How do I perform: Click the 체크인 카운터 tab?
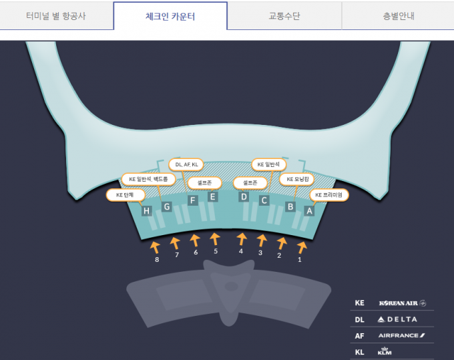(170, 16)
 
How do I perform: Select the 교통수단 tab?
(284, 16)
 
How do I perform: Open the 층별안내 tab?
(398, 16)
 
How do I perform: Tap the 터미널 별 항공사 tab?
(56, 16)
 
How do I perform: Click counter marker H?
(147, 211)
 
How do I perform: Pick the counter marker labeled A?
(309, 211)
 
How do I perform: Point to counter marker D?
(244, 197)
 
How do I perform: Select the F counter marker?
(193, 200)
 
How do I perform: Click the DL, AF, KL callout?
(186, 165)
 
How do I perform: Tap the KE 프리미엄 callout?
(328, 195)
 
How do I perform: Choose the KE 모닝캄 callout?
(297, 179)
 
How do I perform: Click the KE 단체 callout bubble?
(125, 195)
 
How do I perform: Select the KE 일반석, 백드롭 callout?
(148, 179)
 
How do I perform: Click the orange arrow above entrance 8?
(155, 248)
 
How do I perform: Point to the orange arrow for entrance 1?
(302, 248)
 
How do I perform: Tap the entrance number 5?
(216, 251)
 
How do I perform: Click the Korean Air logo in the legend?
(403, 303)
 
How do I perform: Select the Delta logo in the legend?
(397, 319)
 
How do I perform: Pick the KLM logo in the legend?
(385, 351)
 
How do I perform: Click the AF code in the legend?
(359, 336)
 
